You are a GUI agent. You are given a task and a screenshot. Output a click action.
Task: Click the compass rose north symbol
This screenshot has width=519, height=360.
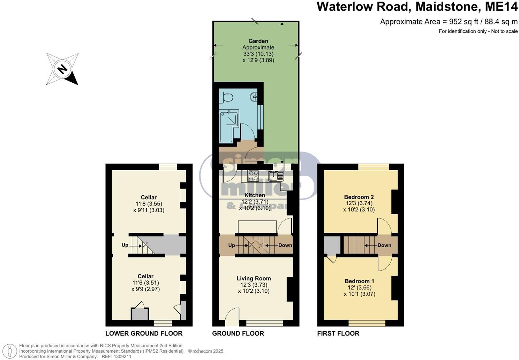tap(62, 69)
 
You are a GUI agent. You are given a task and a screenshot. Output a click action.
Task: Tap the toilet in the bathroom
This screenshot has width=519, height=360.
tap(227, 97)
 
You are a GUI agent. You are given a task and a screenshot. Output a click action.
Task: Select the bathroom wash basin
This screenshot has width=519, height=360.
tap(254, 96)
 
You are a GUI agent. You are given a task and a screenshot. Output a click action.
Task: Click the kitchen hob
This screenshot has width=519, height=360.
tap(253, 175)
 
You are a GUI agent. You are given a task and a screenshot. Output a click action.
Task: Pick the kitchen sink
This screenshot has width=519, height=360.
tap(276, 175)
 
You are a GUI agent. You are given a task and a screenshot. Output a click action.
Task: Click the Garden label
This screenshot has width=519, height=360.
tap(258, 41)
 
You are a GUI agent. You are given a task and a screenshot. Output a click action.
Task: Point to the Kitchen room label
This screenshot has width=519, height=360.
tap(255, 195)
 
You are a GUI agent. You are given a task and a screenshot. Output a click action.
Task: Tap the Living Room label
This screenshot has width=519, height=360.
tap(254, 278)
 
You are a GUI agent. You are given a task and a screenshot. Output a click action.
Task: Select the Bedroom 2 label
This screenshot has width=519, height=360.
tap(359, 197)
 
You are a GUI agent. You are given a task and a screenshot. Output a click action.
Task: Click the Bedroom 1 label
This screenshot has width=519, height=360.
tap(359, 281)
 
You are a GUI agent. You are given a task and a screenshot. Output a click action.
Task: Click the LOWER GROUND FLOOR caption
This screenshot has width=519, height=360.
tap(144, 333)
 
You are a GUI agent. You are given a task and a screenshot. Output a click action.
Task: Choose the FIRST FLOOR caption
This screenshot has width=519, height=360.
tap(338, 333)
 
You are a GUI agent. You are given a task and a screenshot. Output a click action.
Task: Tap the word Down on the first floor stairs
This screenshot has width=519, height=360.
tap(384, 245)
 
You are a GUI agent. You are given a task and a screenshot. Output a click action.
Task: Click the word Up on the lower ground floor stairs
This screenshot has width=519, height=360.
tap(125, 245)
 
